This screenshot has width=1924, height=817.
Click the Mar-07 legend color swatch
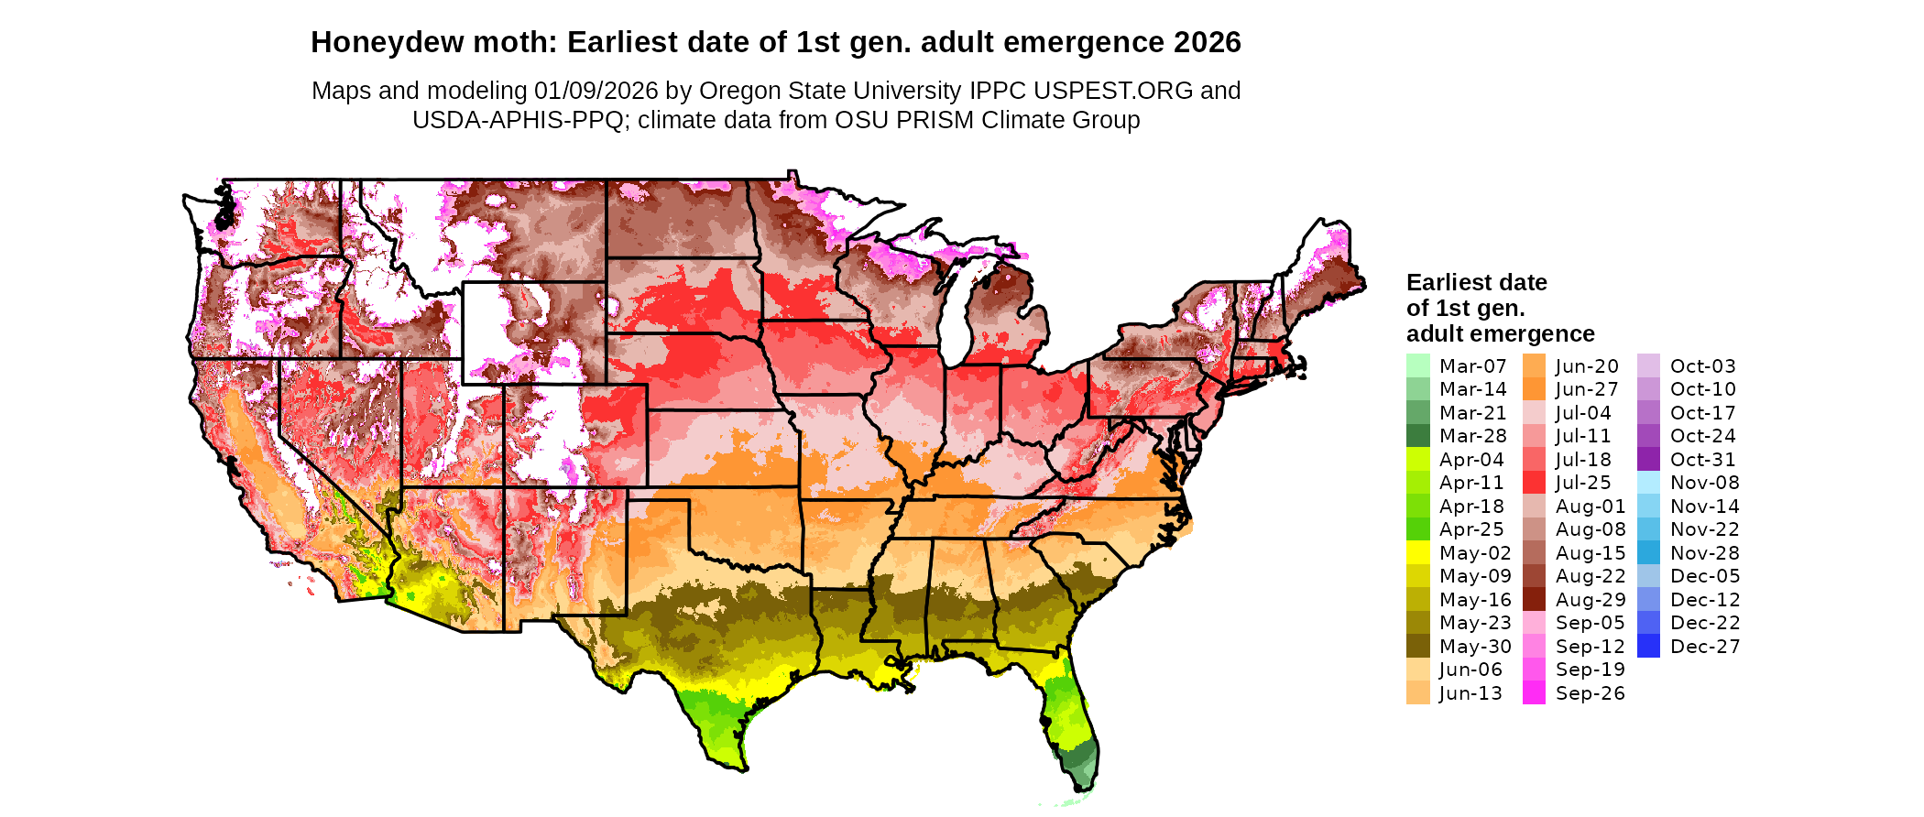tap(1417, 365)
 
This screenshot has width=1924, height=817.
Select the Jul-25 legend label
tap(1583, 483)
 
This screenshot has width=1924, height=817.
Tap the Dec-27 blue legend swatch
tap(1648, 647)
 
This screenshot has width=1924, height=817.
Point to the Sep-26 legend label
tap(1590, 693)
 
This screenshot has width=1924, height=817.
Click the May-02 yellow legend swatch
tap(1417, 553)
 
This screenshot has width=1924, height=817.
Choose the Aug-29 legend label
tap(1590, 600)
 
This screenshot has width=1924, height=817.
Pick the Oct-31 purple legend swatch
tap(1648, 460)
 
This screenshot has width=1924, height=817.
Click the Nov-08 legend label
tap(1704, 483)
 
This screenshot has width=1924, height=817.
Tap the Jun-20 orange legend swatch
tap(1534, 365)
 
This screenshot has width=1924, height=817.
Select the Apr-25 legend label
tap(1471, 529)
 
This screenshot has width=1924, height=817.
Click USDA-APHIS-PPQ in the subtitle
tap(519, 120)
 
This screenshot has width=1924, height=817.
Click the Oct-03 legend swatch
tap(1648, 365)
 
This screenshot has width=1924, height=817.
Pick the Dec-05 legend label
tap(1704, 576)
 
